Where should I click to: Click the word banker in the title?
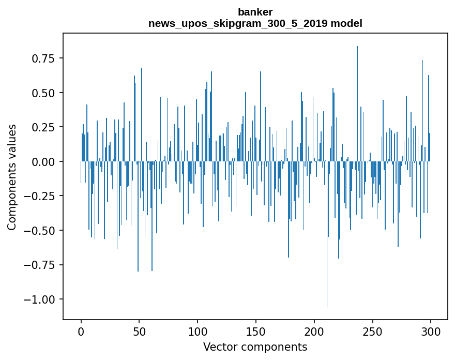click(255, 12)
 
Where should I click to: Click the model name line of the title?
click(255, 23)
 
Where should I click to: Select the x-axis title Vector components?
click(255, 347)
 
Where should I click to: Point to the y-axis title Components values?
click(11, 177)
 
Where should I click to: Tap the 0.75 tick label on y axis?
click(43, 58)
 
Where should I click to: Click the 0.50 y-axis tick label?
click(43, 93)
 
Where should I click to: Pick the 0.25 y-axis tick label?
click(43, 127)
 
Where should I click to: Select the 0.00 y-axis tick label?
click(43, 162)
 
